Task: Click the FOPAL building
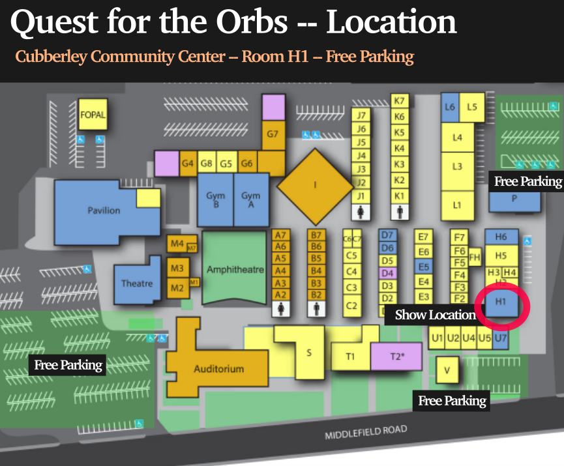click(92, 115)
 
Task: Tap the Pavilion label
click(104, 210)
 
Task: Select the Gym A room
click(251, 199)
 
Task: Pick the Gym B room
click(215, 199)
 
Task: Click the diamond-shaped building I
click(315, 185)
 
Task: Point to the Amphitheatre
click(235, 269)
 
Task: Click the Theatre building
click(137, 283)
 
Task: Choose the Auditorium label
click(218, 369)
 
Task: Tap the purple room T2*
click(396, 356)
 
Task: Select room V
click(447, 370)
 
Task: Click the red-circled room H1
click(501, 302)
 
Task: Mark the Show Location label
click(436, 315)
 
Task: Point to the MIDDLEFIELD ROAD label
click(366, 432)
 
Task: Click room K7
click(400, 101)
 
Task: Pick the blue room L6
click(449, 107)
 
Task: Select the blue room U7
click(500, 338)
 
